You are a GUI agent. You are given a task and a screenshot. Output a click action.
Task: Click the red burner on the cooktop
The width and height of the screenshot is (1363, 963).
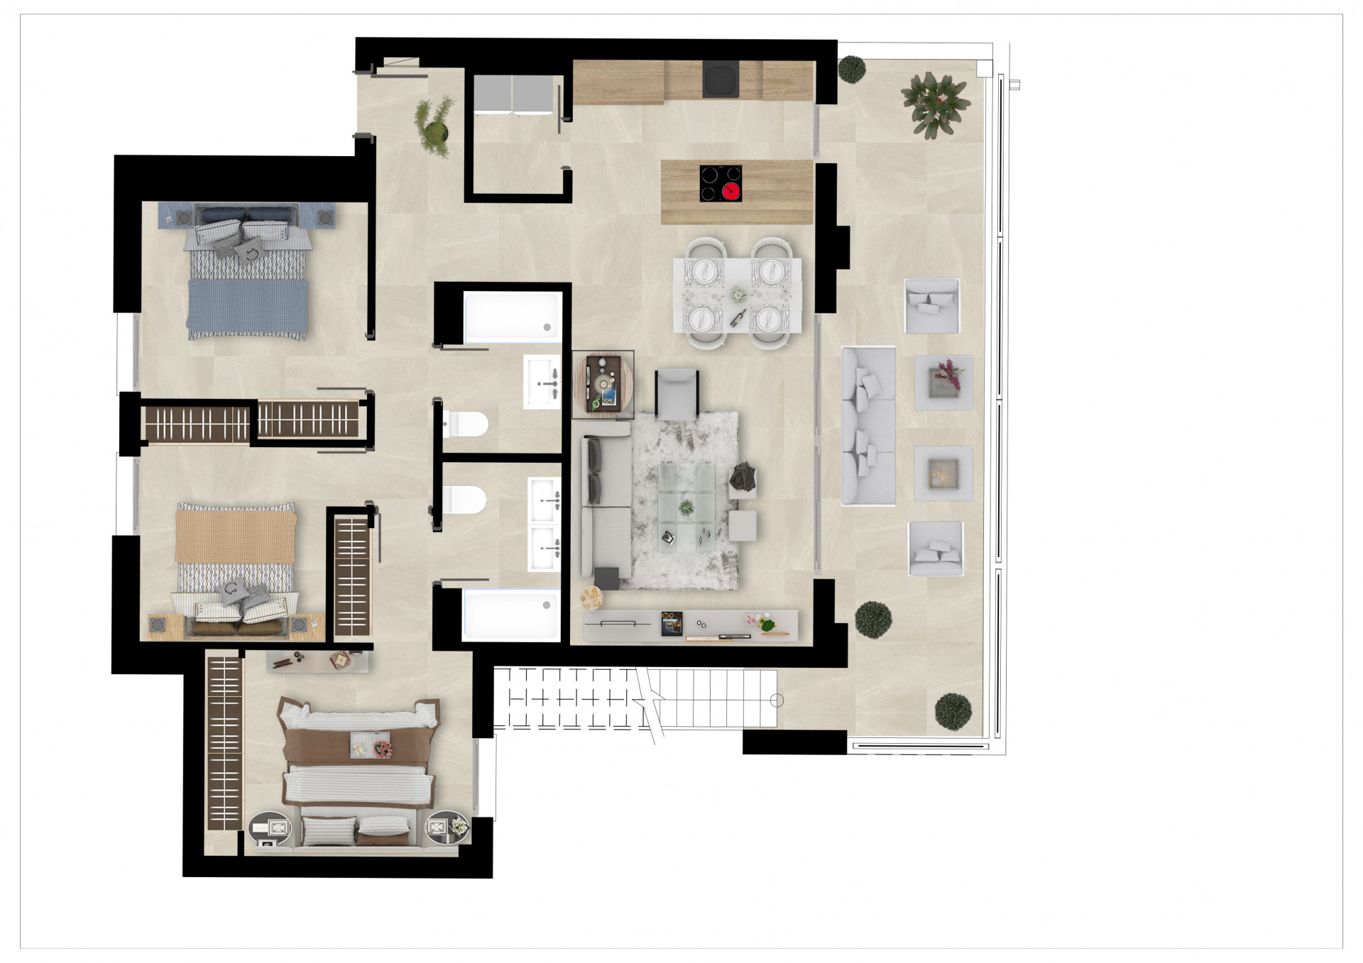[731, 190]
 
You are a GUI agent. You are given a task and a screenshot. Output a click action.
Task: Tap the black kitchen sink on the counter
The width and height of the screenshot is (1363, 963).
[721, 79]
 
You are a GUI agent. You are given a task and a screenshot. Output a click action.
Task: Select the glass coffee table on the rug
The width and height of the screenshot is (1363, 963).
[685, 505]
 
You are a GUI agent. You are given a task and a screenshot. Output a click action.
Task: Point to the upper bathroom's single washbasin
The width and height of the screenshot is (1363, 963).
[542, 383]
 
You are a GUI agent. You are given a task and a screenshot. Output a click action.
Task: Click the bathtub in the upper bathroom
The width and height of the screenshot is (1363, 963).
[512, 317]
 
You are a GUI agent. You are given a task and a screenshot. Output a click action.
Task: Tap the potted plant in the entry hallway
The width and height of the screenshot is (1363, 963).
[434, 126]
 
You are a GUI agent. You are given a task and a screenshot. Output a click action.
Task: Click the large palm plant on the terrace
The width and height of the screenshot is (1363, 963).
[935, 104]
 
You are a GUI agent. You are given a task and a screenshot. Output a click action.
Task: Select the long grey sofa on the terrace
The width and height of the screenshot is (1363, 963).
[868, 425]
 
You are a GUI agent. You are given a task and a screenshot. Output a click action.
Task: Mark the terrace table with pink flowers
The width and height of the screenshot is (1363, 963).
[943, 382]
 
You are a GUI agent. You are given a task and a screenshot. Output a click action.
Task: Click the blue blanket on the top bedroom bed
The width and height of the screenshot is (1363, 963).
[247, 307]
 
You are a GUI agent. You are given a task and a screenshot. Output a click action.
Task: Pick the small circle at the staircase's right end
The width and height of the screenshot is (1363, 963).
[777, 700]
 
